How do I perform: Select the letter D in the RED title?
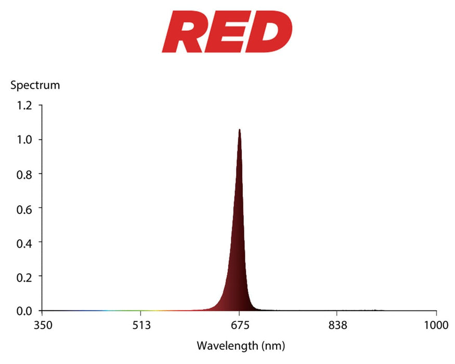click(270, 32)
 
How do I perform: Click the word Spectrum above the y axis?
click(35, 85)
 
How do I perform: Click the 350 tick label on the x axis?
click(42, 326)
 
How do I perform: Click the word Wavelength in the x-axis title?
click(226, 345)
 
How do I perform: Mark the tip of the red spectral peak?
click(239, 129)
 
